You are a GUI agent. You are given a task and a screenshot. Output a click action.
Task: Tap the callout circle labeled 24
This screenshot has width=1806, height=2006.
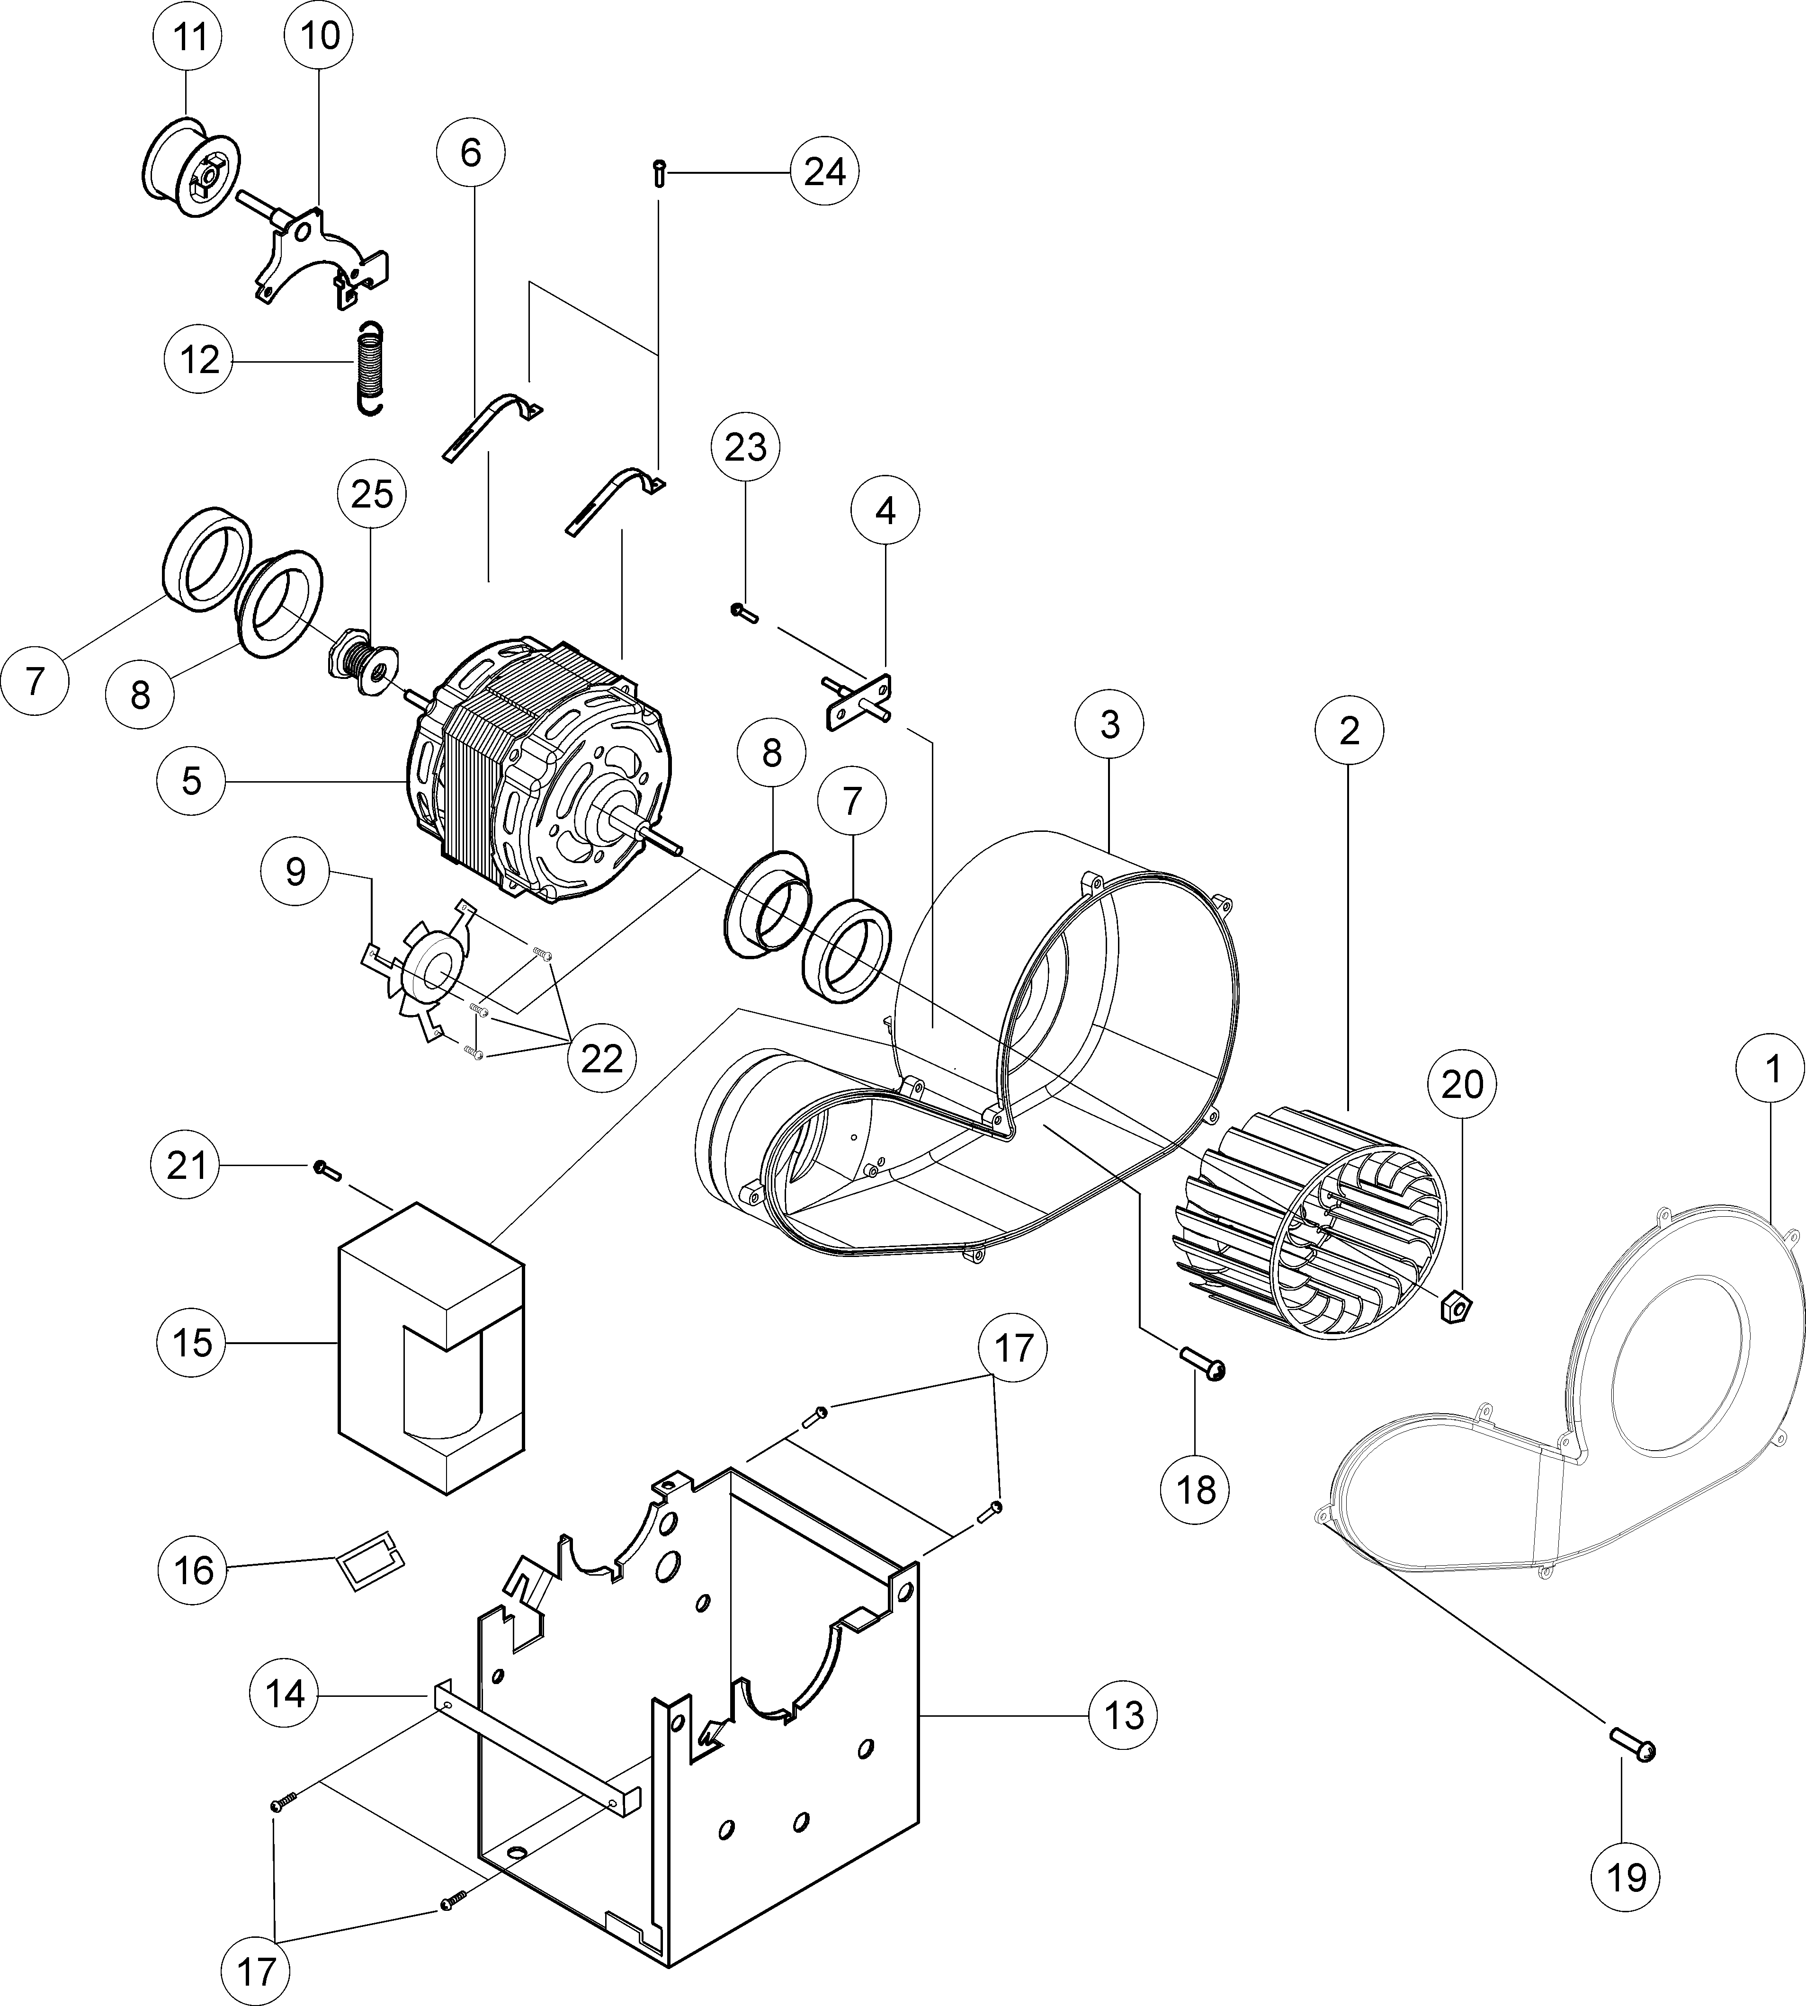pyautogui.click(x=823, y=172)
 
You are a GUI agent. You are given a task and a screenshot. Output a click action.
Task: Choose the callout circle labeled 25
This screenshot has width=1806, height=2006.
pyautogui.click(x=372, y=493)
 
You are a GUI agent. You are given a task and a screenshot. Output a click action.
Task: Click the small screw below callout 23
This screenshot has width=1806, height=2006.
pyautogui.click(x=743, y=612)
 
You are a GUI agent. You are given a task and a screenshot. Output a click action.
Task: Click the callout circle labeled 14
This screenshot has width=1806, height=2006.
pyautogui.click(x=285, y=1694)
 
